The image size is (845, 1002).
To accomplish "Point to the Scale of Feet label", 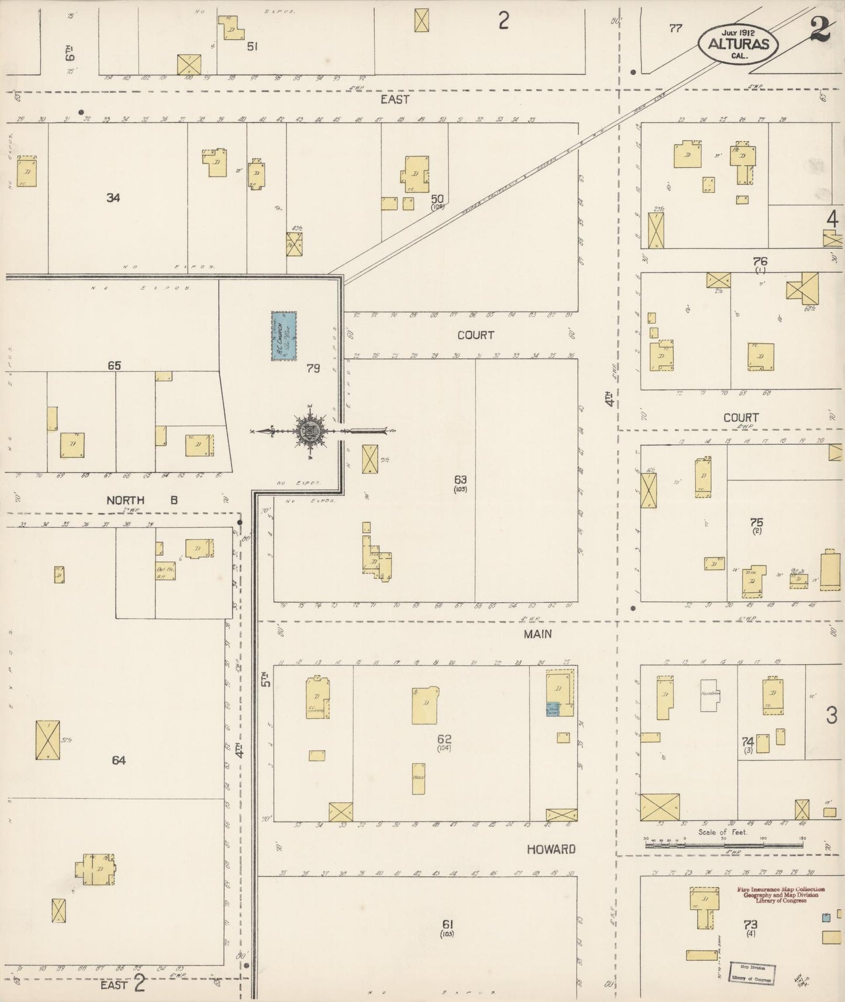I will click(723, 832).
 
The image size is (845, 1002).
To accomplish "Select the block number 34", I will click(113, 198).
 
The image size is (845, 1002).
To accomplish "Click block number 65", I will click(114, 365).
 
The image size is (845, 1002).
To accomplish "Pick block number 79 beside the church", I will click(313, 368).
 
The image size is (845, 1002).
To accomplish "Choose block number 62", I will click(444, 738).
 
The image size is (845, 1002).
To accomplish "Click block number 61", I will click(448, 924).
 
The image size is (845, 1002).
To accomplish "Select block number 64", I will click(119, 760).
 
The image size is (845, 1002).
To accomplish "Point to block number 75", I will click(757, 522).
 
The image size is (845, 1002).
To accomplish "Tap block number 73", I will click(750, 924).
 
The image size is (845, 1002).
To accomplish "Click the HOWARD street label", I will click(551, 849).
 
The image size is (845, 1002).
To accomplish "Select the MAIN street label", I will click(538, 634).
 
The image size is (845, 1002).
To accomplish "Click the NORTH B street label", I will click(142, 500).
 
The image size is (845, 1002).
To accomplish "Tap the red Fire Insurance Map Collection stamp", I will click(780, 894).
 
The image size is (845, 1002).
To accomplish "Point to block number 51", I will click(252, 46).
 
